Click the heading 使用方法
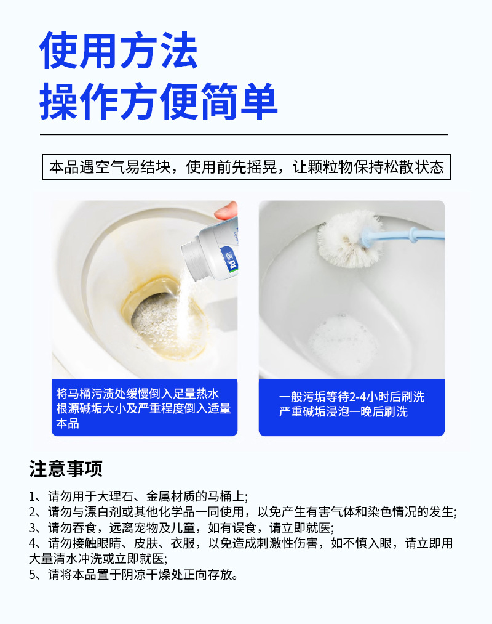[x=118, y=51]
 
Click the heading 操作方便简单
[x=158, y=101]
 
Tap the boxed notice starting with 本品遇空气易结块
[x=247, y=167]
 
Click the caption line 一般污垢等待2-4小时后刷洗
[x=352, y=397]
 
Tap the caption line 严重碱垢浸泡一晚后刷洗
[x=343, y=411]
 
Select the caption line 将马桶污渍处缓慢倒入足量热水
[x=138, y=394]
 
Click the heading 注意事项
[x=66, y=468]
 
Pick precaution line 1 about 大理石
[x=138, y=496]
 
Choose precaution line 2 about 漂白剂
[x=243, y=512]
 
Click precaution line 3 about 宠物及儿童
[x=181, y=528]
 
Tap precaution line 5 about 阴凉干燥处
[x=133, y=575]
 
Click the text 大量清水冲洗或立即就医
[x=98, y=559]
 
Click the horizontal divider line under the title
[x=244, y=134]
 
